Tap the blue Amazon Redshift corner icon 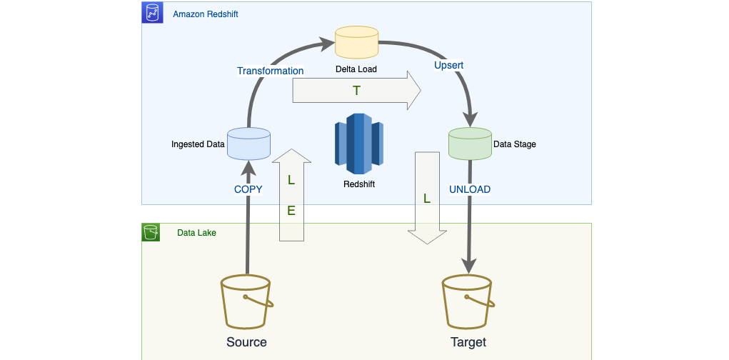(152, 13)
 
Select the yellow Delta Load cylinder (356, 42)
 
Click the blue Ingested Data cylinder (248, 143)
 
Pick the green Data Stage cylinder (469, 143)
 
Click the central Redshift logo (358, 144)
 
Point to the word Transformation (270, 71)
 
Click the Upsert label (448, 65)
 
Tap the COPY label (248, 189)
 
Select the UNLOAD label (469, 189)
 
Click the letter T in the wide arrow (356, 91)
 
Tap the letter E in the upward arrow (291, 211)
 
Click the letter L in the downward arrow (427, 199)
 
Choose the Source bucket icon (246, 301)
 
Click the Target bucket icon (468, 301)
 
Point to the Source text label (246, 342)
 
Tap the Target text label (468, 342)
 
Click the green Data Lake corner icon (151, 232)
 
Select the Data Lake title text (196, 233)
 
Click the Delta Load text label (356, 69)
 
